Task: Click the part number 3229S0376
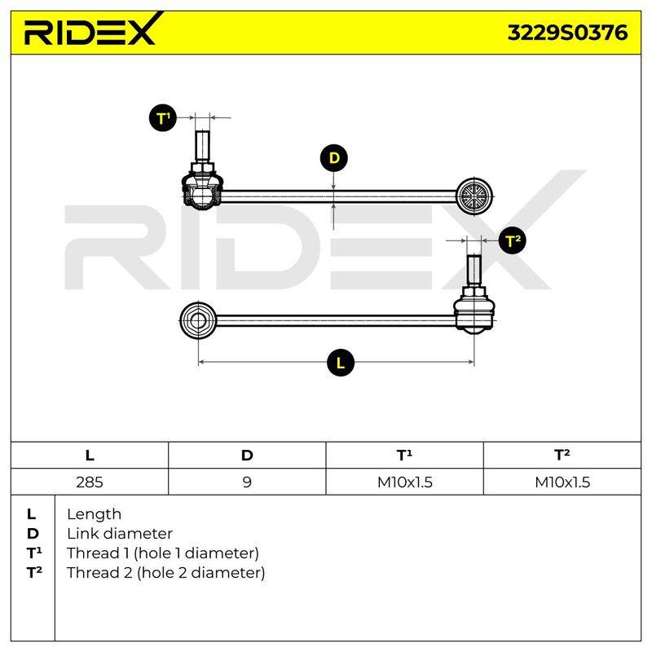[x=567, y=33]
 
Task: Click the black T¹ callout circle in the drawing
[x=162, y=118]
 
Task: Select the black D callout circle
[x=333, y=158]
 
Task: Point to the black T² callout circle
[x=513, y=240]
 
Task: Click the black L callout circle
[x=341, y=363]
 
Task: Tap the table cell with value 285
[x=90, y=482]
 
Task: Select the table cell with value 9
[x=247, y=482]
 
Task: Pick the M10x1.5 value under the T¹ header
[x=404, y=482]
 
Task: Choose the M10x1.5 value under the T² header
[x=562, y=482]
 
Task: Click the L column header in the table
[x=90, y=456]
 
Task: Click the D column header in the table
[x=247, y=456]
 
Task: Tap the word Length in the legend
[x=94, y=515]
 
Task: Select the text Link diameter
[x=120, y=534]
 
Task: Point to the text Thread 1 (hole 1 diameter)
[x=162, y=553]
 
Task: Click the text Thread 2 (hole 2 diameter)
[x=165, y=573]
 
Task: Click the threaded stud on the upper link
[x=201, y=147]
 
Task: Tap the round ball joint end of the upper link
[x=474, y=196]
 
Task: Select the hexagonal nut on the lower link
[x=198, y=320]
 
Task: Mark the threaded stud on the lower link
[x=474, y=270]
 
